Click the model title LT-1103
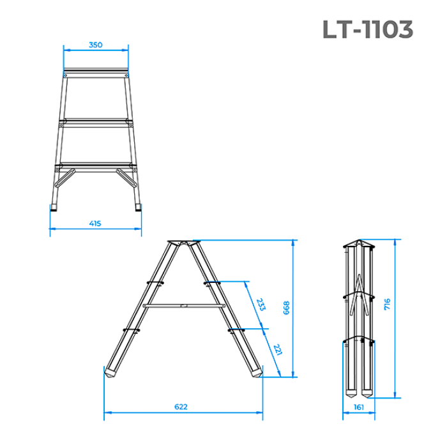click(x=368, y=29)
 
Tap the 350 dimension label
click(x=96, y=45)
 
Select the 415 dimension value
click(x=95, y=223)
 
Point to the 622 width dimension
click(x=181, y=407)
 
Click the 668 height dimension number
click(x=286, y=308)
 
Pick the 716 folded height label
click(x=387, y=304)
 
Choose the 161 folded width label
click(x=359, y=407)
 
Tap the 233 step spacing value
click(x=261, y=305)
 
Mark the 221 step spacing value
click(x=277, y=349)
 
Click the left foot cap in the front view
click(x=53, y=208)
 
